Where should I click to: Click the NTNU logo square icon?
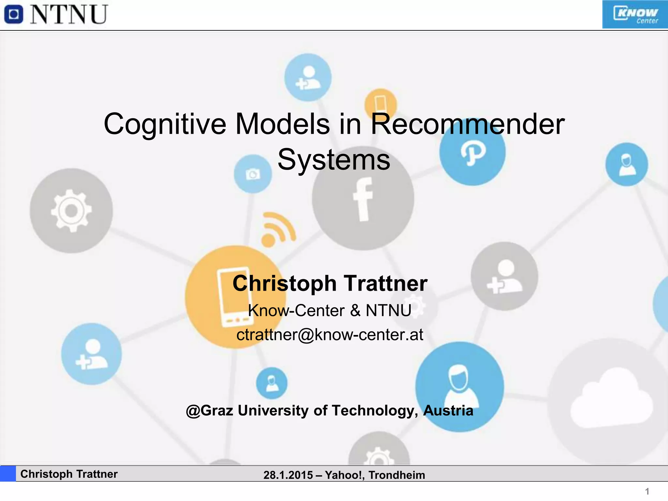pos(13,15)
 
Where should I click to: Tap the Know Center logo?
pos(635,15)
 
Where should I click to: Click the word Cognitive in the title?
pos(165,124)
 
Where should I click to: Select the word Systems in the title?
pos(334,160)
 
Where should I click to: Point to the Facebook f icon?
pos(363,199)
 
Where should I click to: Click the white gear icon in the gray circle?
pos(71,211)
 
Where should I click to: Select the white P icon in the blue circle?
pos(473,152)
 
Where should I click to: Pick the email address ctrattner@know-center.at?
pos(330,335)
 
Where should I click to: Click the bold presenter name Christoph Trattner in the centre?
pos(330,283)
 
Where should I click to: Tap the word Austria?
pos(448,410)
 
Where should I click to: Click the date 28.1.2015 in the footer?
pos(288,475)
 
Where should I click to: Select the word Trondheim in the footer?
pos(397,475)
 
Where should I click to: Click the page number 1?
pos(647,491)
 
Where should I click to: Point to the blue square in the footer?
pos(8,474)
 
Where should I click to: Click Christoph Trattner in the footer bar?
pos(69,474)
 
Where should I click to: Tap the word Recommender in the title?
pos(467,124)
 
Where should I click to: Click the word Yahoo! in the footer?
pos(344,475)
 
